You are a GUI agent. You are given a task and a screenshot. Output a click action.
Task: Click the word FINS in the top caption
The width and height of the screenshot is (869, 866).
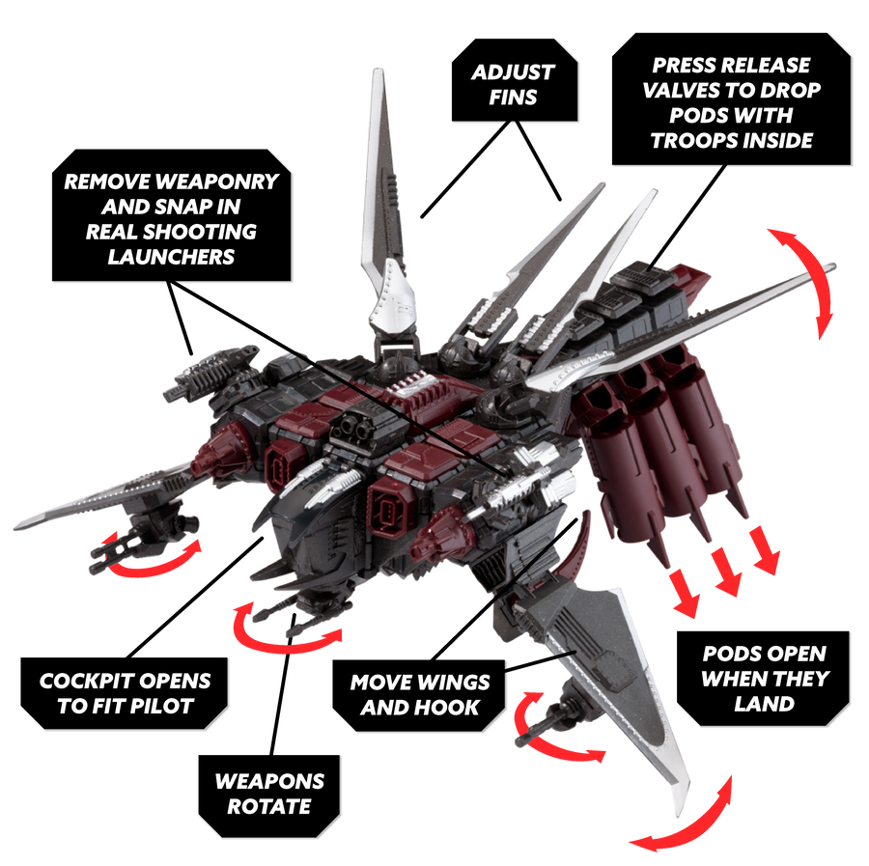click(x=514, y=98)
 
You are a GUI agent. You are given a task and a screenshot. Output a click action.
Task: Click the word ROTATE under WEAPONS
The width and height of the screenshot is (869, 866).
click(x=269, y=805)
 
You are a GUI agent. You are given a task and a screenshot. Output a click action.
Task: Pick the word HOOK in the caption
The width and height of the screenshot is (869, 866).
click(x=449, y=708)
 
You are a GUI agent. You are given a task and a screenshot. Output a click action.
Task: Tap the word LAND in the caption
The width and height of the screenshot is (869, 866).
click(x=764, y=703)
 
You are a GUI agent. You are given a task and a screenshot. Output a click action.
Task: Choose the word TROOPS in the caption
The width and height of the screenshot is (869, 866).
click(x=697, y=140)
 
